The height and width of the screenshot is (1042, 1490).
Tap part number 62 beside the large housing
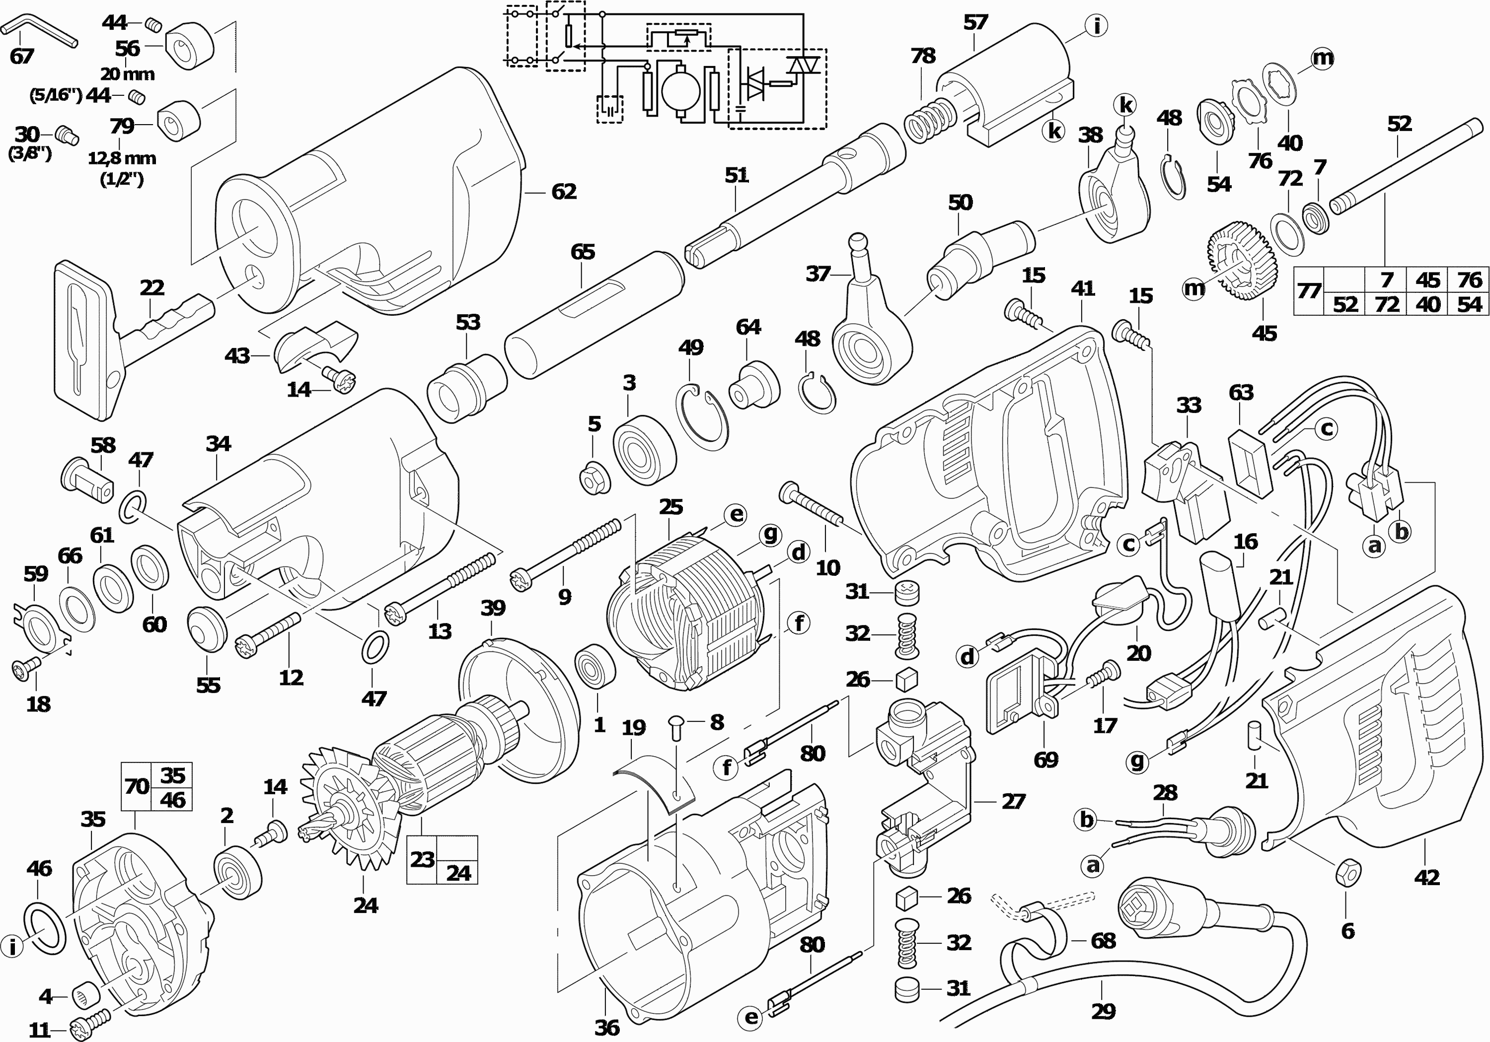click(563, 192)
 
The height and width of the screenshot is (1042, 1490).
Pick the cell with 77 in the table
click(1308, 291)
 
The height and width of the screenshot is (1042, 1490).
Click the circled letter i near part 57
click(1096, 27)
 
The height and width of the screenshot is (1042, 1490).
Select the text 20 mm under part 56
click(127, 74)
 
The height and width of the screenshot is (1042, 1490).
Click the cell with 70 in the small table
click(136, 786)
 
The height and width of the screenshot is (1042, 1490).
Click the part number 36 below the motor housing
click(607, 1027)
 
